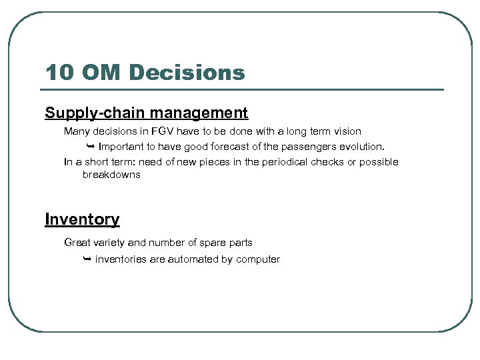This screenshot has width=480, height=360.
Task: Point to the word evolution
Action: coord(361,147)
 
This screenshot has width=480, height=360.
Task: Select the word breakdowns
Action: coord(111,175)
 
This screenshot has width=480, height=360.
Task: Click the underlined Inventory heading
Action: coord(82,219)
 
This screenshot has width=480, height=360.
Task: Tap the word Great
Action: coord(77,243)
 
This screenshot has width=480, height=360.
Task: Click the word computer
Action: coord(258,259)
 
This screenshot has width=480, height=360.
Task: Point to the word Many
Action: coord(77,132)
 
